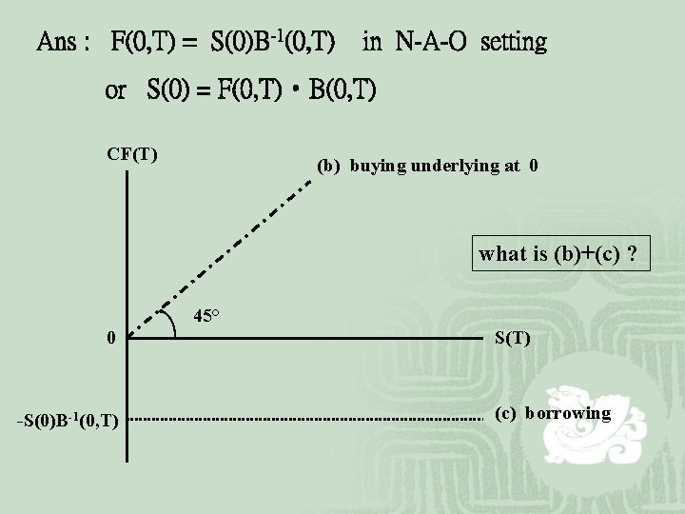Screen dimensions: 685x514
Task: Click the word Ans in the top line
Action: pos(57,43)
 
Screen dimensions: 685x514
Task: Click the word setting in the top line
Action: pos(514,43)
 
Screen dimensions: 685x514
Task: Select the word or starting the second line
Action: pos(115,90)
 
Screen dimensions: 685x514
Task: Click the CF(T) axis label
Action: pos(132,152)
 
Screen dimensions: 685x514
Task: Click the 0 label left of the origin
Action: pos(111,338)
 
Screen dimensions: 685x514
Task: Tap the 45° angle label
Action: pos(207,316)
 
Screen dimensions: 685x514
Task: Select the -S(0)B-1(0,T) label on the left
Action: pos(67,421)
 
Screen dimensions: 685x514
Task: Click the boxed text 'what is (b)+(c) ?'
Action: pos(558,255)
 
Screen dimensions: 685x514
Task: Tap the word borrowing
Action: pos(567,413)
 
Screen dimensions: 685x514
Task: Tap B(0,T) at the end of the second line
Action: pos(342,90)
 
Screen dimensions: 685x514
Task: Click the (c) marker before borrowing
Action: pos(505,413)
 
